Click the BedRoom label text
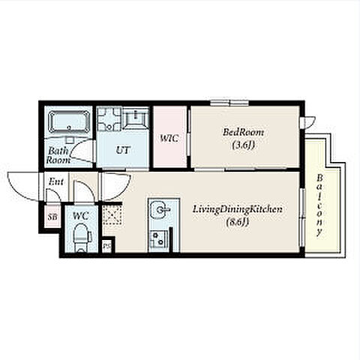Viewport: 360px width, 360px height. click(243, 132)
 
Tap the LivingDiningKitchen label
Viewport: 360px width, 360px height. click(237, 209)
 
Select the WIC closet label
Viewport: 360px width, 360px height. click(169, 138)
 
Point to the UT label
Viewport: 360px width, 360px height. click(123, 150)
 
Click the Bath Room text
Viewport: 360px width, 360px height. click(58, 155)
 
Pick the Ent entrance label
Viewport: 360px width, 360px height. click(56, 181)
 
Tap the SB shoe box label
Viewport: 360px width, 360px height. click(52, 217)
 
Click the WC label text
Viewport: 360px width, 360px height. click(81, 216)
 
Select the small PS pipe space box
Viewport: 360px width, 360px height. click(106, 246)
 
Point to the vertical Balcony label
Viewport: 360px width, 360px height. click(319, 205)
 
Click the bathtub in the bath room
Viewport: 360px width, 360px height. click(69, 121)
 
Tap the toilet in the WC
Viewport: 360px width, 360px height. click(81, 238)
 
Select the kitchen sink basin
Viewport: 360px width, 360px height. click(160, 210)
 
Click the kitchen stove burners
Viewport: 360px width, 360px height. click(159, 238)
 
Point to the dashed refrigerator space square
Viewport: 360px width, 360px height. click(112, 214)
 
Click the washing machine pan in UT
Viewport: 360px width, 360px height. click(109, 119)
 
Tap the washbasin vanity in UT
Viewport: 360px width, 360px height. click(136, 118)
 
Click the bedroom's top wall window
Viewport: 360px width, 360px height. click(229, 103)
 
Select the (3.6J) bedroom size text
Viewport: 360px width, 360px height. click(243, 145)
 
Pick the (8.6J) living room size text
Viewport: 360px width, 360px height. click(237, 222)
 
